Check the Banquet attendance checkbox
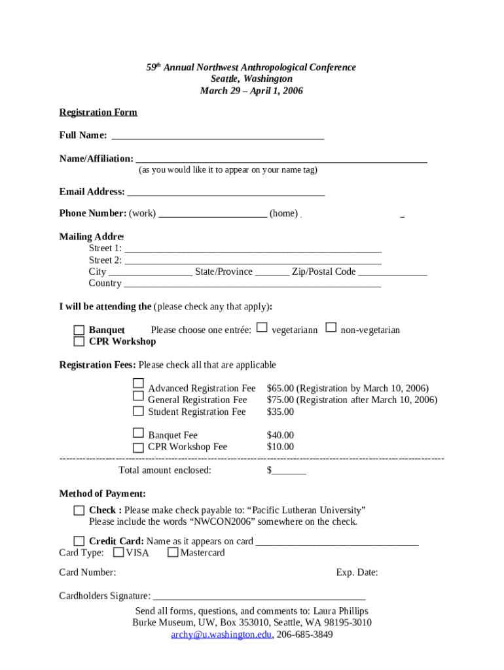point(79,330)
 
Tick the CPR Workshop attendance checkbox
point(79,342)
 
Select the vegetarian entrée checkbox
point(262,327)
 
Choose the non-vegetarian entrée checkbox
point(331,327)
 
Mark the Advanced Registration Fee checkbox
point(138,383)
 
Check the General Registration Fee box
point(138,396)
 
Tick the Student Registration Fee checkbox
point(138,411)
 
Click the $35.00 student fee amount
point(280,412)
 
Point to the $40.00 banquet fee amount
point(280,435)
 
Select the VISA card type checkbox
point(118,552)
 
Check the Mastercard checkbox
point(173,552)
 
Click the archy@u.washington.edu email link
point(221,635)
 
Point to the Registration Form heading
point(98,113)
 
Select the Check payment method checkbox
point(79,510)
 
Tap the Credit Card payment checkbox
point(79,541)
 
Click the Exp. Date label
point(357,573)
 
